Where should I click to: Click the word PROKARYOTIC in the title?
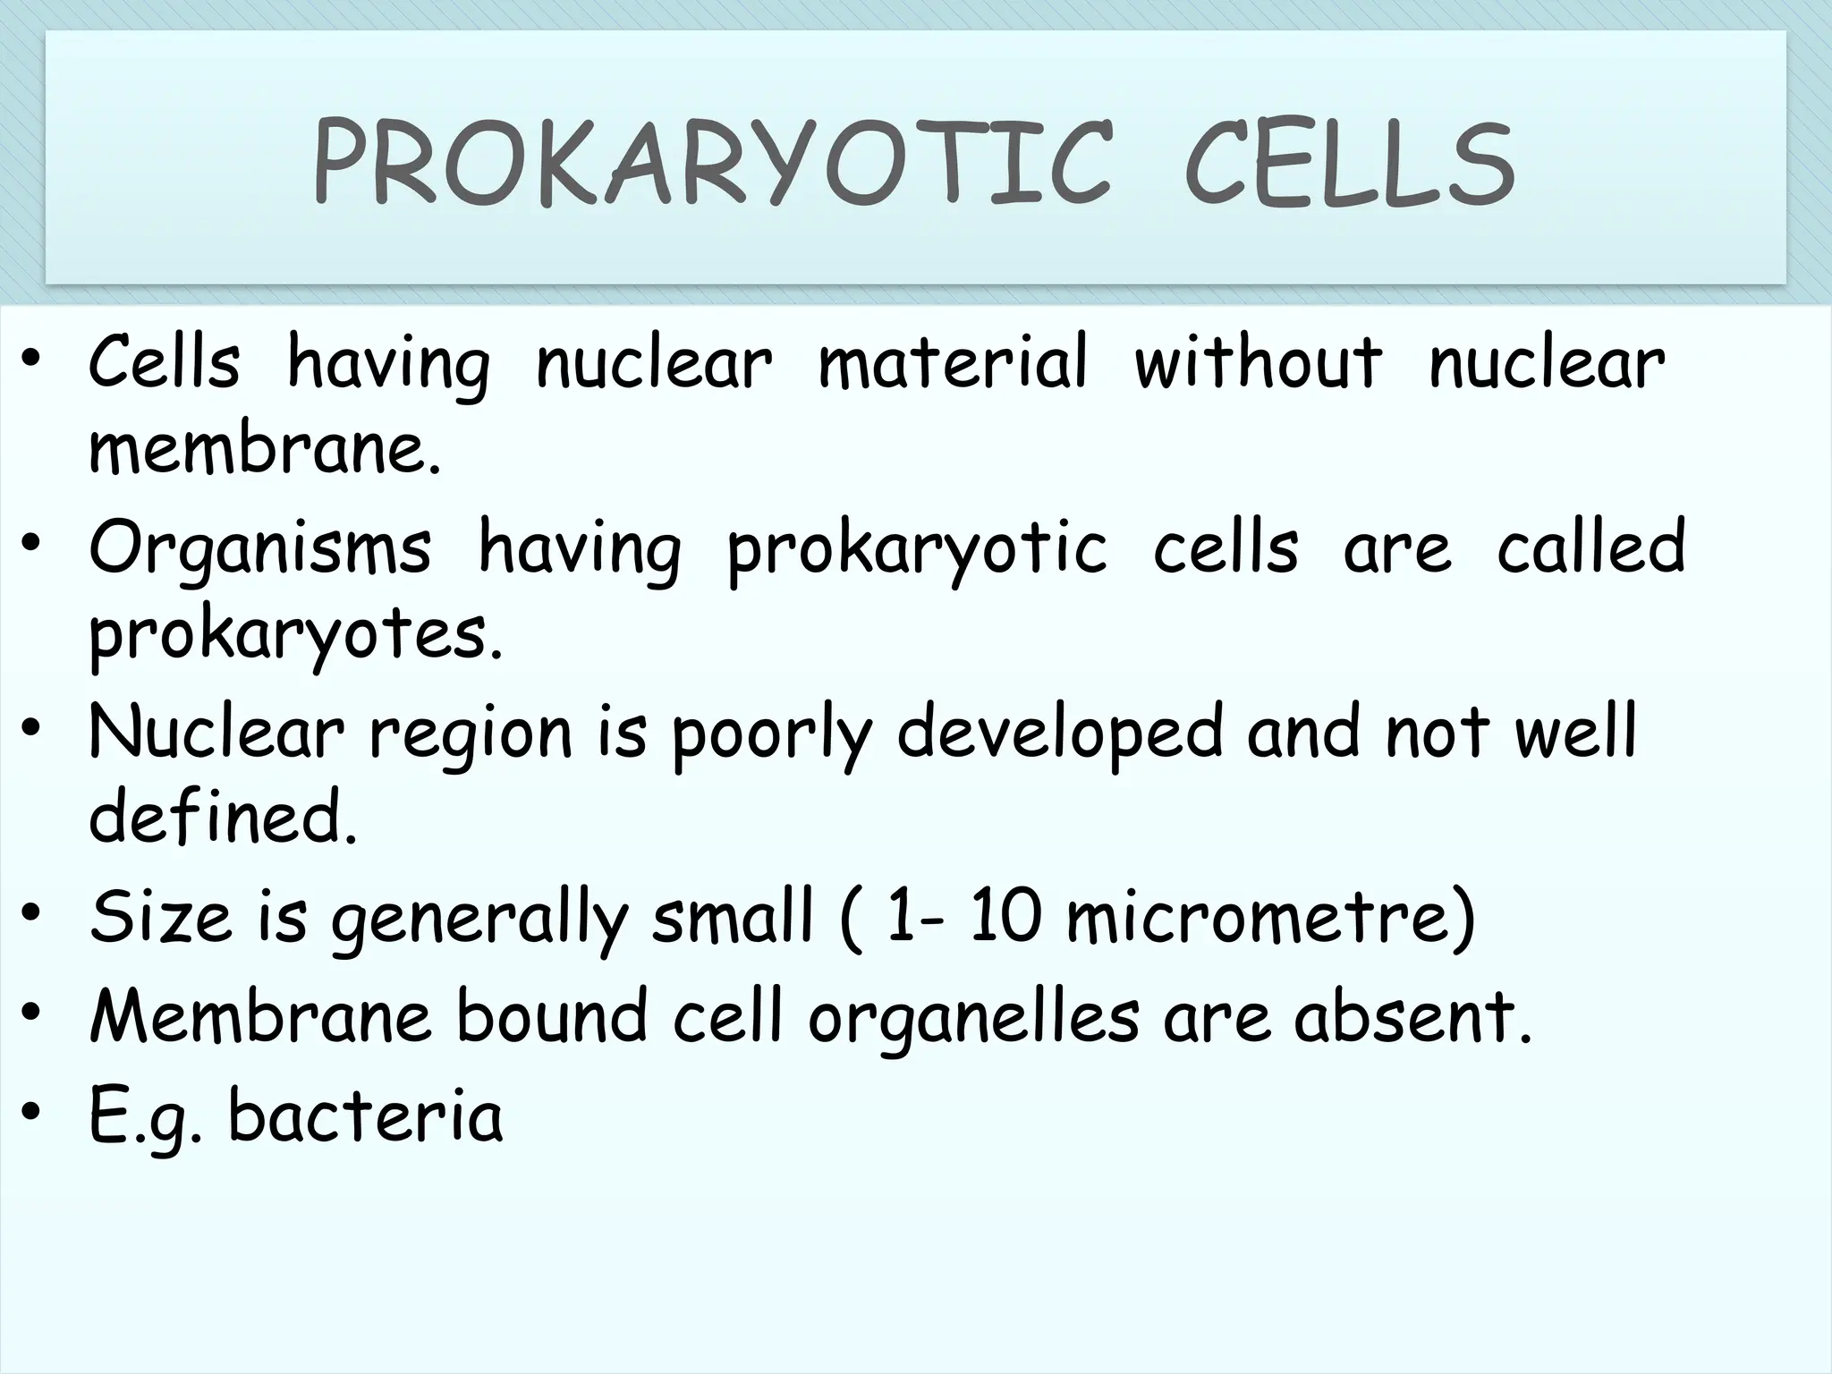point(712,166)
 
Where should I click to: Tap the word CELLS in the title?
point(1349,166)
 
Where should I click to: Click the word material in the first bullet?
point(953,363)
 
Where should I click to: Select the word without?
point(1258,363)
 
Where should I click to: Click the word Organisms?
point(260,549)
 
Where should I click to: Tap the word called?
point(1590,547)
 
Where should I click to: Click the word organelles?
point(974,1018)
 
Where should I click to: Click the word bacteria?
point(366,1116)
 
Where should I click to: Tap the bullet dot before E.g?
point(33,1112)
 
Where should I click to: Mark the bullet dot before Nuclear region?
point(33,729)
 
